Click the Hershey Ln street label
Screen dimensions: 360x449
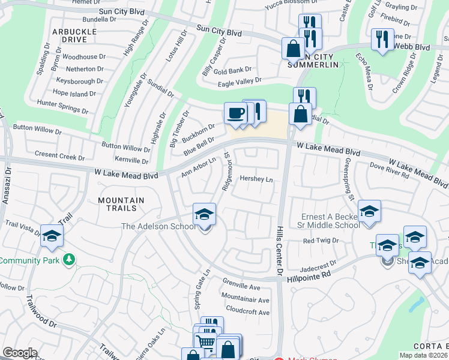256,179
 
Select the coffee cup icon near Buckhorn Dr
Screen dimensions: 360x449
235,113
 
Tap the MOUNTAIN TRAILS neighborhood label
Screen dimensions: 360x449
118,205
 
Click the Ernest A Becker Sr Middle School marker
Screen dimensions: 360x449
369,212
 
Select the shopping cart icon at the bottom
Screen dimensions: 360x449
205,343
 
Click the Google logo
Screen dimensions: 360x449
20,353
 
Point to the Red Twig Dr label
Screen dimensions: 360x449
321,241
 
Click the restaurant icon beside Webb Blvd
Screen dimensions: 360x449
382,40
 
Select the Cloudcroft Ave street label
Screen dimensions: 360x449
248,312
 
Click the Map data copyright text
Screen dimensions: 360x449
423,355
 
